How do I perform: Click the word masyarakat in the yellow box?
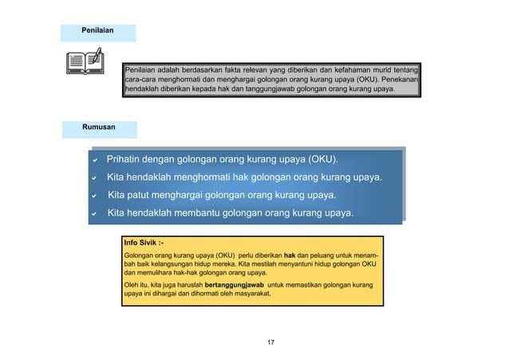[251, 294]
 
